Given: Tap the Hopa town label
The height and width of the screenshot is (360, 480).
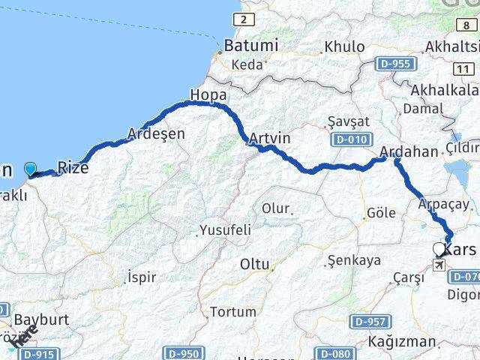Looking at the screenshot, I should [208, 95].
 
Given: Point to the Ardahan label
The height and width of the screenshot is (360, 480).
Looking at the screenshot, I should [409, 152].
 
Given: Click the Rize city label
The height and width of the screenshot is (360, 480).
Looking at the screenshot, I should [73, 168].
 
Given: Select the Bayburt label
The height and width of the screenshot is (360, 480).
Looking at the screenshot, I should [42, 319].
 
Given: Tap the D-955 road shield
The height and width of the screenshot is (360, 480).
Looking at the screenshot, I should [396, 63].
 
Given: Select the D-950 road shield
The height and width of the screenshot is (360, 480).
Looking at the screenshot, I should [183, 352].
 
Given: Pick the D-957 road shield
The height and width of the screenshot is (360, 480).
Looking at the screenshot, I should [370, 322].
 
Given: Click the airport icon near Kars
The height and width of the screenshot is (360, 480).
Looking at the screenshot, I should [439, 265].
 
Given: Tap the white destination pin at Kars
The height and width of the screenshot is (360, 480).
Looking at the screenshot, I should [439, 249].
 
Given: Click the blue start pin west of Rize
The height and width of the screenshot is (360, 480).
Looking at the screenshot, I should [31, 169].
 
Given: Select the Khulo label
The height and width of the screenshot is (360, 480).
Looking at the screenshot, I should [343, 46].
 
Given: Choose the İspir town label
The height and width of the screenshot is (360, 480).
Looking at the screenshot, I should [142, 277].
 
